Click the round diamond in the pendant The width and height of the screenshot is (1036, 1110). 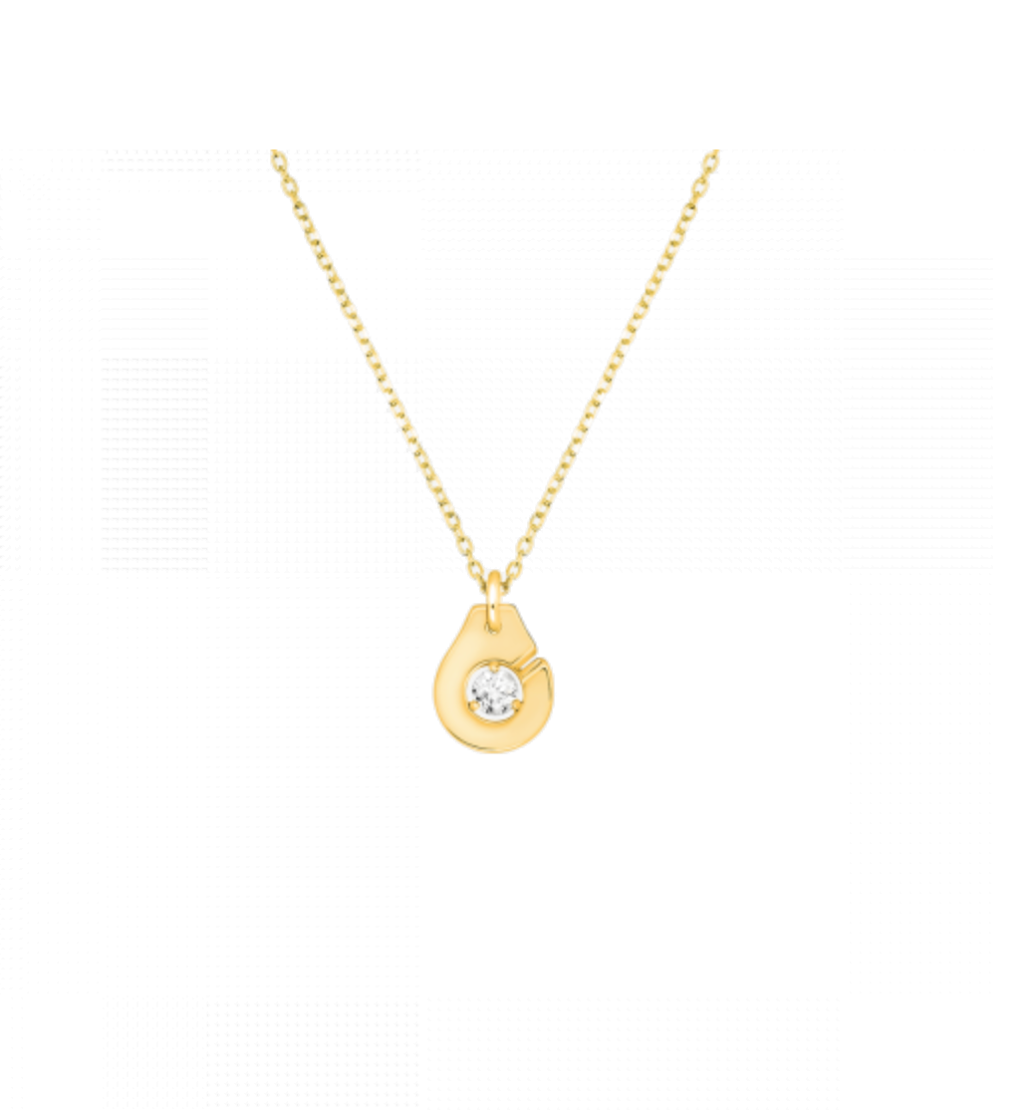pyautogui.click(x=495, y=692)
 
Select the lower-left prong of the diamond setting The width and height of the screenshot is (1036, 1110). pyautogui.click(x=474, y=705)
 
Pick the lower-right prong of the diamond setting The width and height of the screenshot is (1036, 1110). pyautogui.click(x=517, y=705)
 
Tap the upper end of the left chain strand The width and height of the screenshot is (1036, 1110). pyautogui.click(x=278, y=156)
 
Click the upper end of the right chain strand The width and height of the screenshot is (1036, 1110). pyautogui.click(x=711, y=156)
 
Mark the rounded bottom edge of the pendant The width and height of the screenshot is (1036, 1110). pyautogui.click(x=494, y=748)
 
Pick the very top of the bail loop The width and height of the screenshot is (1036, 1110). pyautogui.click(x=494, y=574)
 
